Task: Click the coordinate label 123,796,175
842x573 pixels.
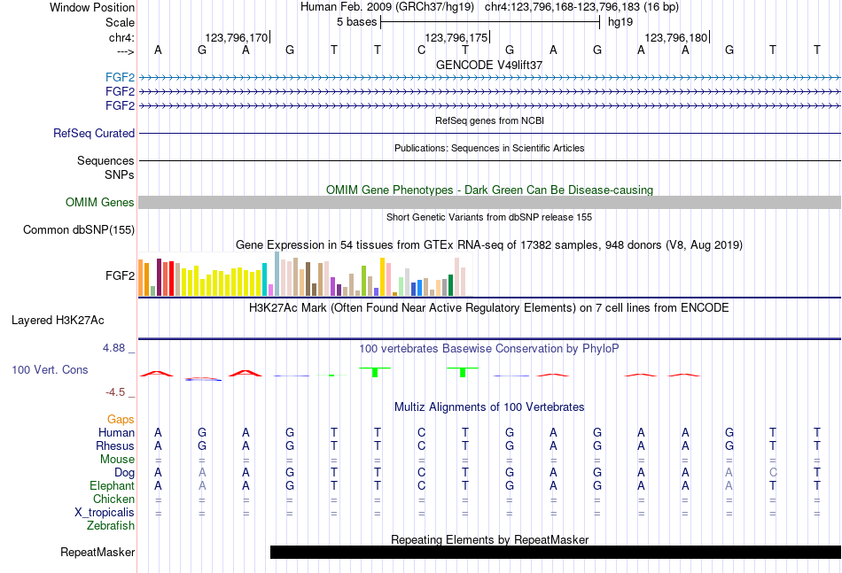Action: click(456, 37)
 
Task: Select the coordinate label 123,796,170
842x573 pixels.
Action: click(236, 37)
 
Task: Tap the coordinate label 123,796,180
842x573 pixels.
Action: click(676, 37)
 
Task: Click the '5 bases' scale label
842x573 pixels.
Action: click(357, 22)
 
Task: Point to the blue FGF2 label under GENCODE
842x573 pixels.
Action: click(120, 77)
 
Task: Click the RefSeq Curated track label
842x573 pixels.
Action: click(94, 134)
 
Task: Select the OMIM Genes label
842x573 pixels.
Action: click(100, 203)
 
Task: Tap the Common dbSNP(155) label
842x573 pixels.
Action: click(79, 230)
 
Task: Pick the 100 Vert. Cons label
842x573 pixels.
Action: click(50, 369)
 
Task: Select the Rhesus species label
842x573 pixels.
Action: click(116, 446)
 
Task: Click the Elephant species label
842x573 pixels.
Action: click(113, 486)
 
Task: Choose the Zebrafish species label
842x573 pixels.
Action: click(111, 526)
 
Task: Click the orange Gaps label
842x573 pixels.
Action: click(121, 419)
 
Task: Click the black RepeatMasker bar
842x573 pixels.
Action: click(555, 553)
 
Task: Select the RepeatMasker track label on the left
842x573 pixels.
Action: click(97, 553)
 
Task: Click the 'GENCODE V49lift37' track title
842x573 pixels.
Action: click(489, 65)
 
